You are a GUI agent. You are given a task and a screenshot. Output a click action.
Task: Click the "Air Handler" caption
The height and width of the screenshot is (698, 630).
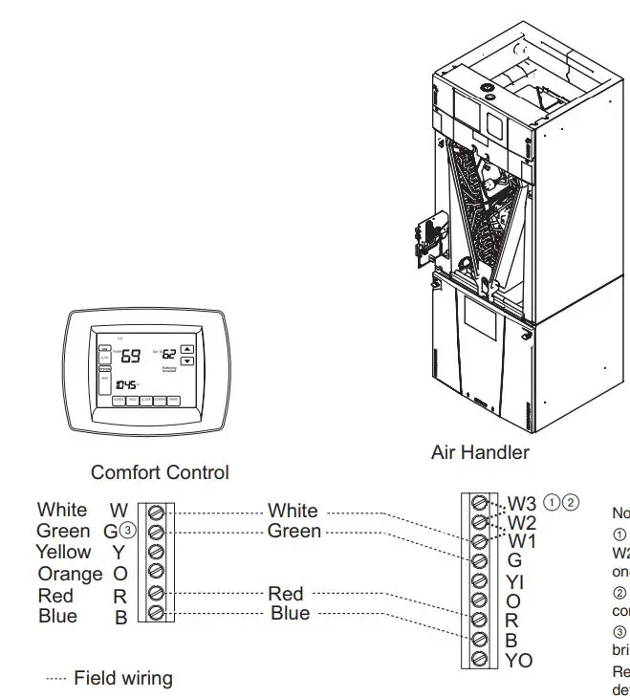(480, 452)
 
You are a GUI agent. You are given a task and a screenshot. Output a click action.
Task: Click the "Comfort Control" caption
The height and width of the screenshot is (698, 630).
(160, 472)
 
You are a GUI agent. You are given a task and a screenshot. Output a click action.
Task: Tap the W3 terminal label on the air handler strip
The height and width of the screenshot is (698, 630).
(522, 503)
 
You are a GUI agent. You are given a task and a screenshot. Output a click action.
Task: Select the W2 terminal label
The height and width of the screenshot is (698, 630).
(522, 522)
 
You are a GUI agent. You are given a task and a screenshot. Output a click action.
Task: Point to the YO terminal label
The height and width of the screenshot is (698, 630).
(519, 661)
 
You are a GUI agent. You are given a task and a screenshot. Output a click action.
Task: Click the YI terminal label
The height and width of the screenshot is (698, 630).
(514, 581)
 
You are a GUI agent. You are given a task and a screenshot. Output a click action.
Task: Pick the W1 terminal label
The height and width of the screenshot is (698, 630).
(522, 541)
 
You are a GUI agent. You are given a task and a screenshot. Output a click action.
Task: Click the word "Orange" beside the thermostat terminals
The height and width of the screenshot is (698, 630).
(70, 574)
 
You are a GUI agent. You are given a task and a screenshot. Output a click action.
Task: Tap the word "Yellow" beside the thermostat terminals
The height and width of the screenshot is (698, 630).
(64, 552)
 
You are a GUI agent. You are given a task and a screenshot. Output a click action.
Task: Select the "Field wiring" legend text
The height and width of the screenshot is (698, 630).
(123, 678)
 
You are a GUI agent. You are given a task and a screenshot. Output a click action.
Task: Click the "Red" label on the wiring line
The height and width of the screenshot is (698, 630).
(286, 595)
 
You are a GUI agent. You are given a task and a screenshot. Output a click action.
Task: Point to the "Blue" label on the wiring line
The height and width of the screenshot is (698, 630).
(290, 613)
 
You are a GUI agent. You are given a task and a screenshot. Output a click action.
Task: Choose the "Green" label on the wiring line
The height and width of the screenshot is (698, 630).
(293, 531)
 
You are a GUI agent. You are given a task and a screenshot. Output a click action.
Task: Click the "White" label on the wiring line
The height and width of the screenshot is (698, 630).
(293, 512)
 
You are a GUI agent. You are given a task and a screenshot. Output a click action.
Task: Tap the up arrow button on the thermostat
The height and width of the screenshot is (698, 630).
(187, 349)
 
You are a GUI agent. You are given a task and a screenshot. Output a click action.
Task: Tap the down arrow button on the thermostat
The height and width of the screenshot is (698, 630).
(187, 361)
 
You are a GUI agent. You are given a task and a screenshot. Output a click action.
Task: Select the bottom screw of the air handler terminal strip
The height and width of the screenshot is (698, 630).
(480, 660)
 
